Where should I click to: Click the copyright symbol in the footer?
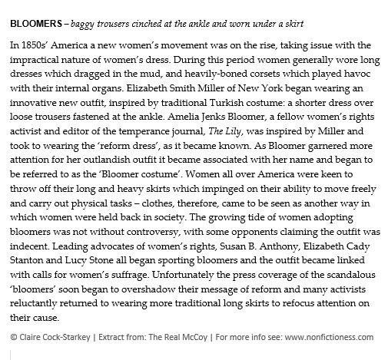point(14,337)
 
